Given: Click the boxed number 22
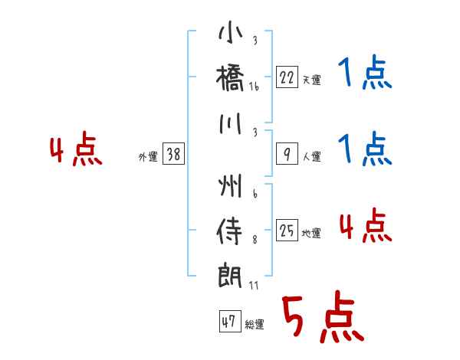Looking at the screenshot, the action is pyautogui.click(x=286, y=77).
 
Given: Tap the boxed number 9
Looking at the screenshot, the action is pyautogui.click(x=286, y=155).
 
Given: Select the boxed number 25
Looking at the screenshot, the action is pyautogui.click(x=287, y=231).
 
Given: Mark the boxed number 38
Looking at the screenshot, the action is pyautogui.click(x=174, y=155).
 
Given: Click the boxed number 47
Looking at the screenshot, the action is pyautogui.click(x=228, y=322).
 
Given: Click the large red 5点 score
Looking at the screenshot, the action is pyautogui.click(x=321, y=319).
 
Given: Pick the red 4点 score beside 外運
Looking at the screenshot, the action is pyautogui.click(x=75, y=151).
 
